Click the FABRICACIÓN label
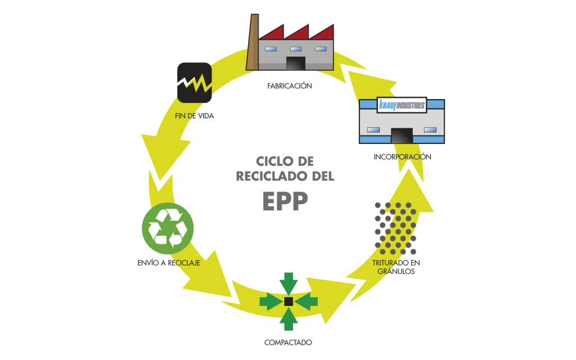(x=290, y=86)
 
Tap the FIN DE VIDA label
(x=194, y=116)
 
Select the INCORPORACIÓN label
(x=402, y=157)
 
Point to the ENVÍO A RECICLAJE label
(x=168, y=262)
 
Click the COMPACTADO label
(x=288, y=342)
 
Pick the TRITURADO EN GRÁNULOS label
(x=397, y=267)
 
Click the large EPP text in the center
(x=286, y=201)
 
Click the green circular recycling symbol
(x=168, y=228)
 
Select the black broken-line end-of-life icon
(x=194, y=83)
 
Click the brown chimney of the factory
(x=252, y=42)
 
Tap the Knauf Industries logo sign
(x=402, y=105)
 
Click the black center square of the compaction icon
(x=289, y=301)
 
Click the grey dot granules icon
(x=397, y=228)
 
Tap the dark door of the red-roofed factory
(x=295, y=63)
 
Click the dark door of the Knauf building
(x=402, y=136)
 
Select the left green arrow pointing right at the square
(x=271, y=301)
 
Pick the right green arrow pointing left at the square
(x=307, y=301)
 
